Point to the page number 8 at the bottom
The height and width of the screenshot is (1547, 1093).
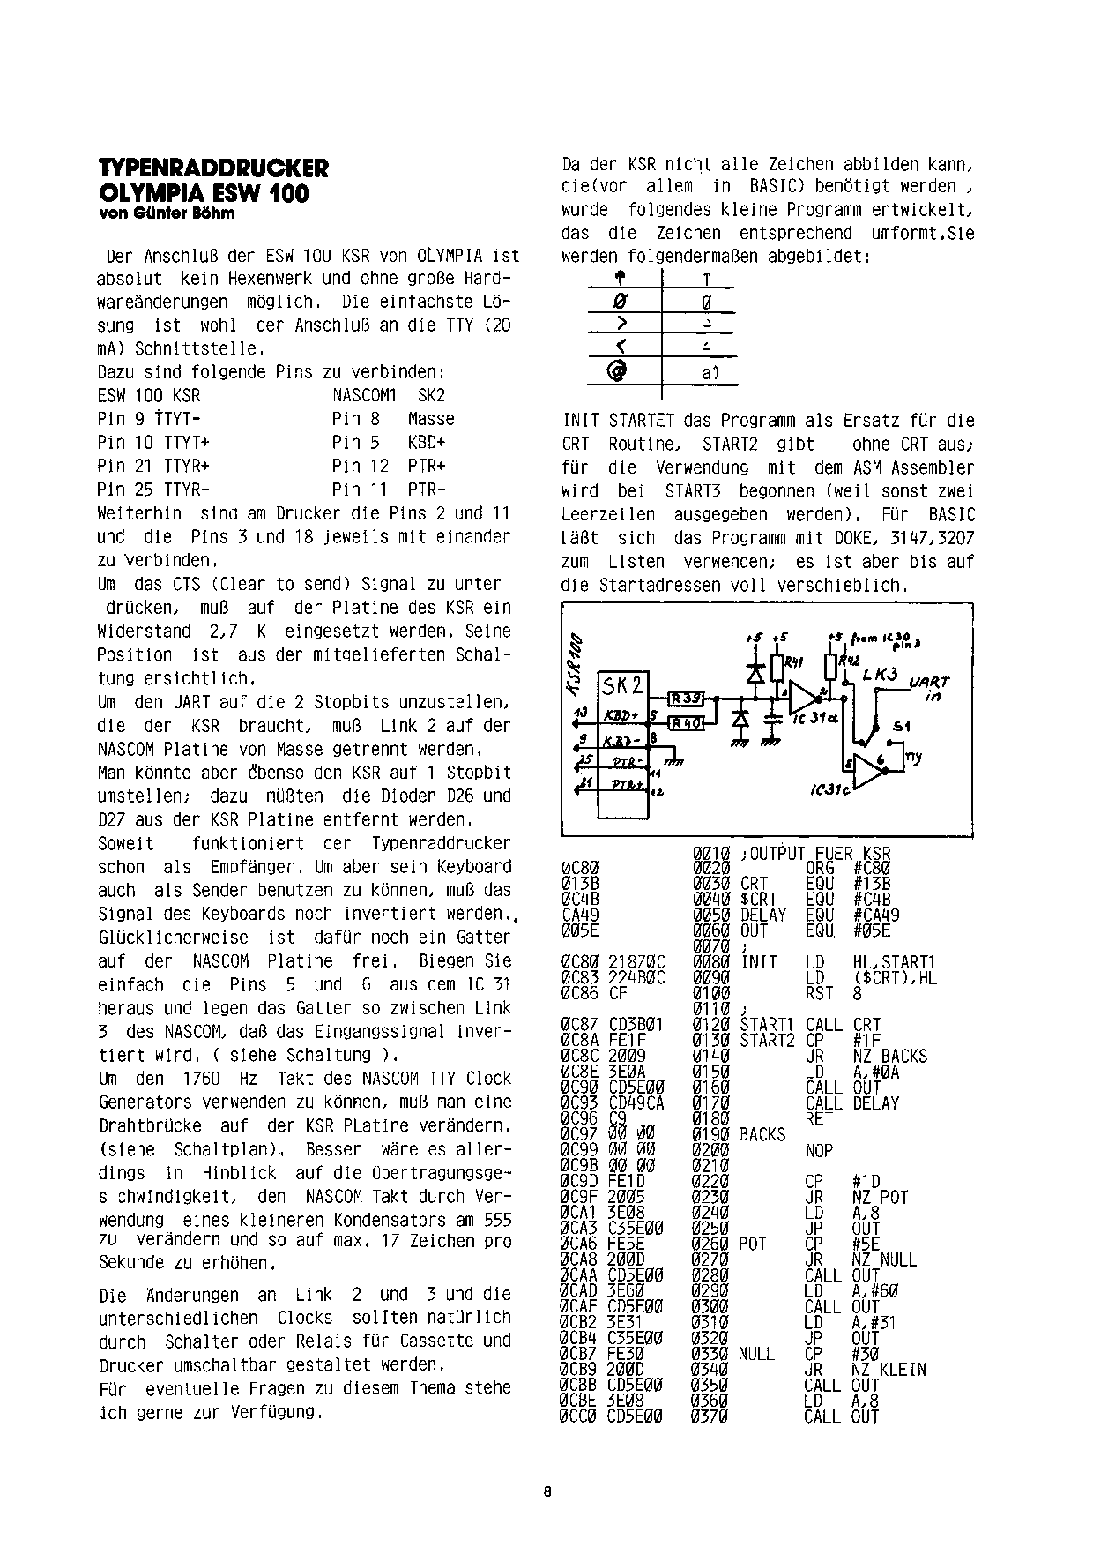click(x=547, y=1492)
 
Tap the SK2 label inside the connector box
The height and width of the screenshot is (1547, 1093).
click(x=622, y=686)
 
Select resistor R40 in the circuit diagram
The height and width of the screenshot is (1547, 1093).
click(x=684, y=724)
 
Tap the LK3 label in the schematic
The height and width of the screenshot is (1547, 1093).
click(x=880, y=674)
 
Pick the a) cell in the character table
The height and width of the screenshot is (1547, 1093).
click(x=710, y=373)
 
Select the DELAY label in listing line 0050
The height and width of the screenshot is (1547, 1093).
click(x=763, y=915)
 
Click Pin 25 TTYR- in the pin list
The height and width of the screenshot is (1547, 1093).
click(x=153, y=490)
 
